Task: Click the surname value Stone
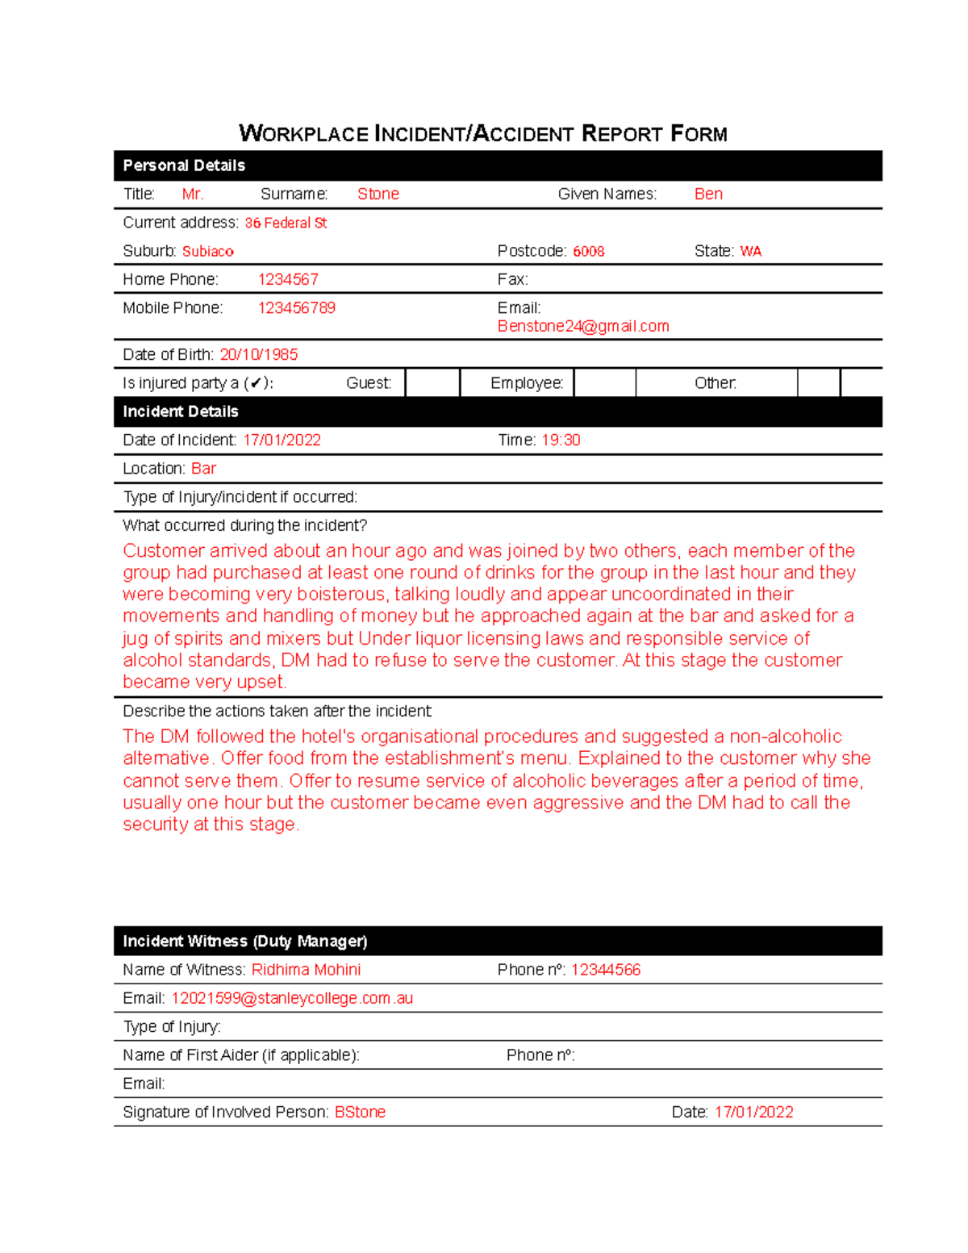click(378, 194)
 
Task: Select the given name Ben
click(708, 194)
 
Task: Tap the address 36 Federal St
click(286, 223)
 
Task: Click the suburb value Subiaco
click(207, 251)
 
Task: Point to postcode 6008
click(588, 251)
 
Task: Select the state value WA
click(750, 251)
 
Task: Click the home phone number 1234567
click(288, 279)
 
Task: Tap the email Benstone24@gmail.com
click(583, 326)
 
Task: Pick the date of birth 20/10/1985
click(258, 354)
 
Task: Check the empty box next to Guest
click(432, 382)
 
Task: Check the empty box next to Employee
click(604, 382)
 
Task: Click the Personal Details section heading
click(184, 165)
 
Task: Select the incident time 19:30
click(561, 440)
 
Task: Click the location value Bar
click(203, 469)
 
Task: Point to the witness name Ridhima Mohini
click(306, 970)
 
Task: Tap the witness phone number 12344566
click(605, 970)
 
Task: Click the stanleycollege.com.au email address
click(292, 998)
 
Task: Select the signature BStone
click(360, 1112)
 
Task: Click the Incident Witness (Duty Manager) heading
click(244, 942)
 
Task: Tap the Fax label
click(512, 279)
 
